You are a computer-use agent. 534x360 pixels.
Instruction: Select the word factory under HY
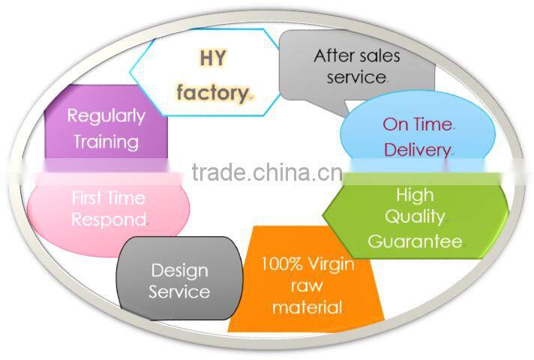[x=212, y=93]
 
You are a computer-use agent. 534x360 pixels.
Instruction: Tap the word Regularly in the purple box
[x=106, y=115]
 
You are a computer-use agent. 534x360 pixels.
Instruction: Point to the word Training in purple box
[x=106, y=141]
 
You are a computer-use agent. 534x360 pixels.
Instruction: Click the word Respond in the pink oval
[x=109, y=220]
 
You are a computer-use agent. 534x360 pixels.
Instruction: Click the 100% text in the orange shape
[x=281, y=265]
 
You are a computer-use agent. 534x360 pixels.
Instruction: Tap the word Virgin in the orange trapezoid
[x=330, y=265]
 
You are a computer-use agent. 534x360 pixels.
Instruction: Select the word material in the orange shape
[x=307, y=307]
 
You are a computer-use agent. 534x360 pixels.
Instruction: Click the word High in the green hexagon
[x=415, y=195]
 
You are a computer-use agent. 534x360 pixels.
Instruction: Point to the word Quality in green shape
[x=415, y=217]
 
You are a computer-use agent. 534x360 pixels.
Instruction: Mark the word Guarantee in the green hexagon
[x=415, y=241]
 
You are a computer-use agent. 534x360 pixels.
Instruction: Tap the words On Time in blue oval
[x=418, y=124]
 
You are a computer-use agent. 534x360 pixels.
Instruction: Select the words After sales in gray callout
[x=356, y=55]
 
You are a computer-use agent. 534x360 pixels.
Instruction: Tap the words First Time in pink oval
[x=109, y=198]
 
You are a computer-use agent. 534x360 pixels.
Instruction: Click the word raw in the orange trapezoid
[x=307, y=286]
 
